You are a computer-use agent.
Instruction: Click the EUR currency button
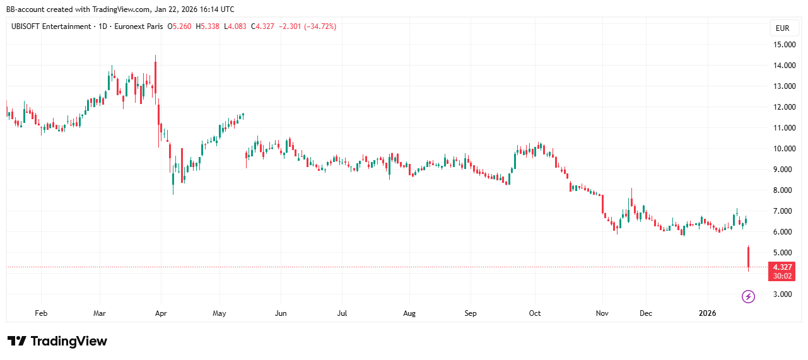click(782, 28)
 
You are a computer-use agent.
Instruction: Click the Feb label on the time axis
click(41, 313)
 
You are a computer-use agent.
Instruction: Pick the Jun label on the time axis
click(281, 313)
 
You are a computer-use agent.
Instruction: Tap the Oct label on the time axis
click(535, 313)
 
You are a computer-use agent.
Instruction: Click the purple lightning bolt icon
click(748, 296)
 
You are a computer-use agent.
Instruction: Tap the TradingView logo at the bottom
click(57, 341)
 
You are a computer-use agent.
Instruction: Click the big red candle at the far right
click(749, 258)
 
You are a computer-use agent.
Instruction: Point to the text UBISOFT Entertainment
click(51, 26)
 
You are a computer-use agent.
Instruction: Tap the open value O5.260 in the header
click(180, 26)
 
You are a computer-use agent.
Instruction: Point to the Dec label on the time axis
click(646, 313)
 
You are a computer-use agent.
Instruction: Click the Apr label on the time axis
click(160, 313)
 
